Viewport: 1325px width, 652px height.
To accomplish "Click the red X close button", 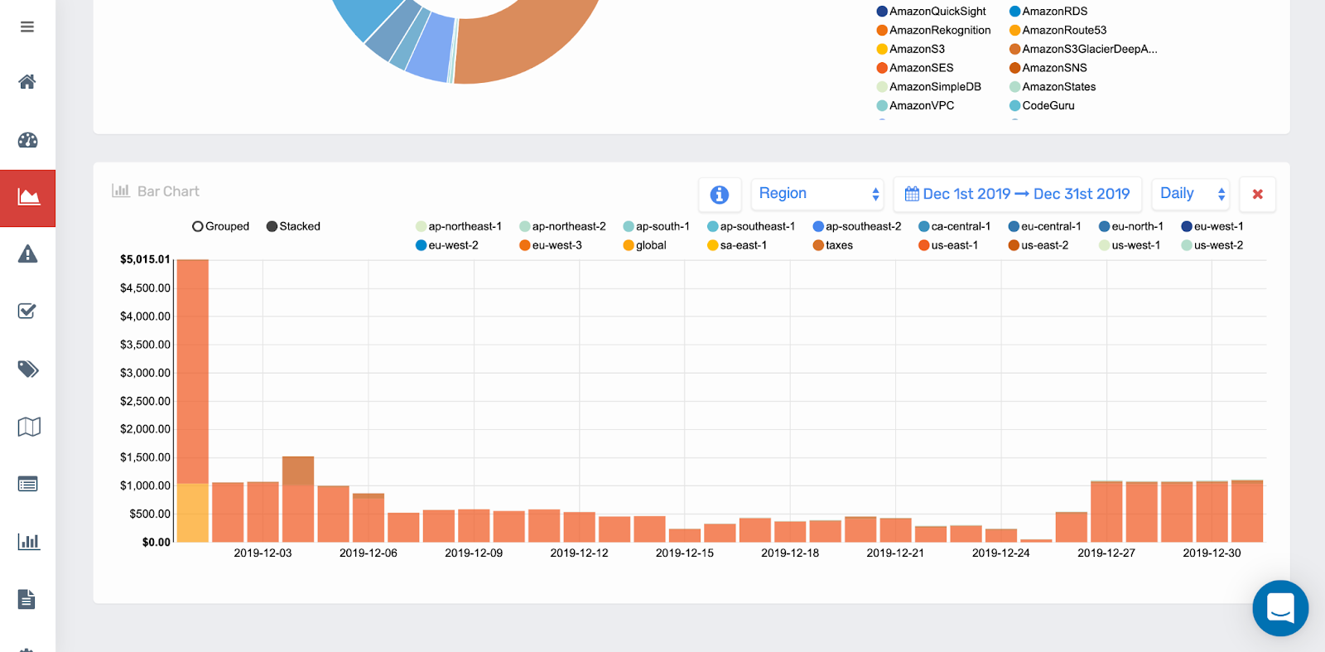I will tap(1257, 194).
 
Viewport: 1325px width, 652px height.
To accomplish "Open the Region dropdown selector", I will tap(817, 194).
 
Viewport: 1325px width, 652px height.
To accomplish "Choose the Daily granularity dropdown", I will tap(1190, 194).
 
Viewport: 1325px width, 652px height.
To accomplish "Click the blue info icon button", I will tap(719, 194).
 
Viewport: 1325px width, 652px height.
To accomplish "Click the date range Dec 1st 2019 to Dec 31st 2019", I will tap(1017, 194).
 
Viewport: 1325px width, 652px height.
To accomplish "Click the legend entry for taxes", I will tap(833, 245).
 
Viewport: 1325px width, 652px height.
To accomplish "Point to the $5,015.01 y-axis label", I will tap(145, 259).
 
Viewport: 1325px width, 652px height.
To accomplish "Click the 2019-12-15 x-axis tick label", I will tap(684, 553).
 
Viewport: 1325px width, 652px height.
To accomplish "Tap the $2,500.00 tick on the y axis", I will tap(145, 401).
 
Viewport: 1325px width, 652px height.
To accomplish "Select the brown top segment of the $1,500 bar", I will tap(298, 471).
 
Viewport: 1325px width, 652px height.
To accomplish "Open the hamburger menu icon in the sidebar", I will tap(27, 27).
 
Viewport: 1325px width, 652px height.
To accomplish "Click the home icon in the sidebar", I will tap(27, 81).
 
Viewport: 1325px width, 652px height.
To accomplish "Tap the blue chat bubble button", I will tap(1280, 608).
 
